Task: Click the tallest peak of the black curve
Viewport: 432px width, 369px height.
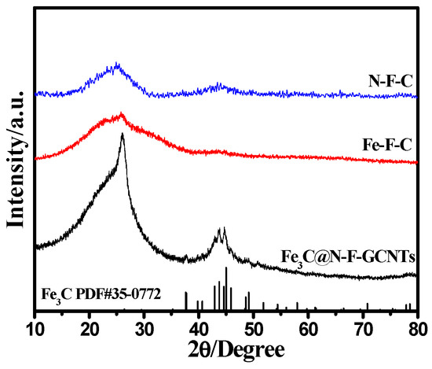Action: coord(123,135)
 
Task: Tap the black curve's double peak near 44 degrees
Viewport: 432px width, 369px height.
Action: coord(221,231)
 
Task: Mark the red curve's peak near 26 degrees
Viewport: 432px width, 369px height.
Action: coord(122,115)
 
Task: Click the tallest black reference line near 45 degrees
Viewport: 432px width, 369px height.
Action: coord(226,290)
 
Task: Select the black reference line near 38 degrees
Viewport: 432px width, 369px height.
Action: coord(186,301)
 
